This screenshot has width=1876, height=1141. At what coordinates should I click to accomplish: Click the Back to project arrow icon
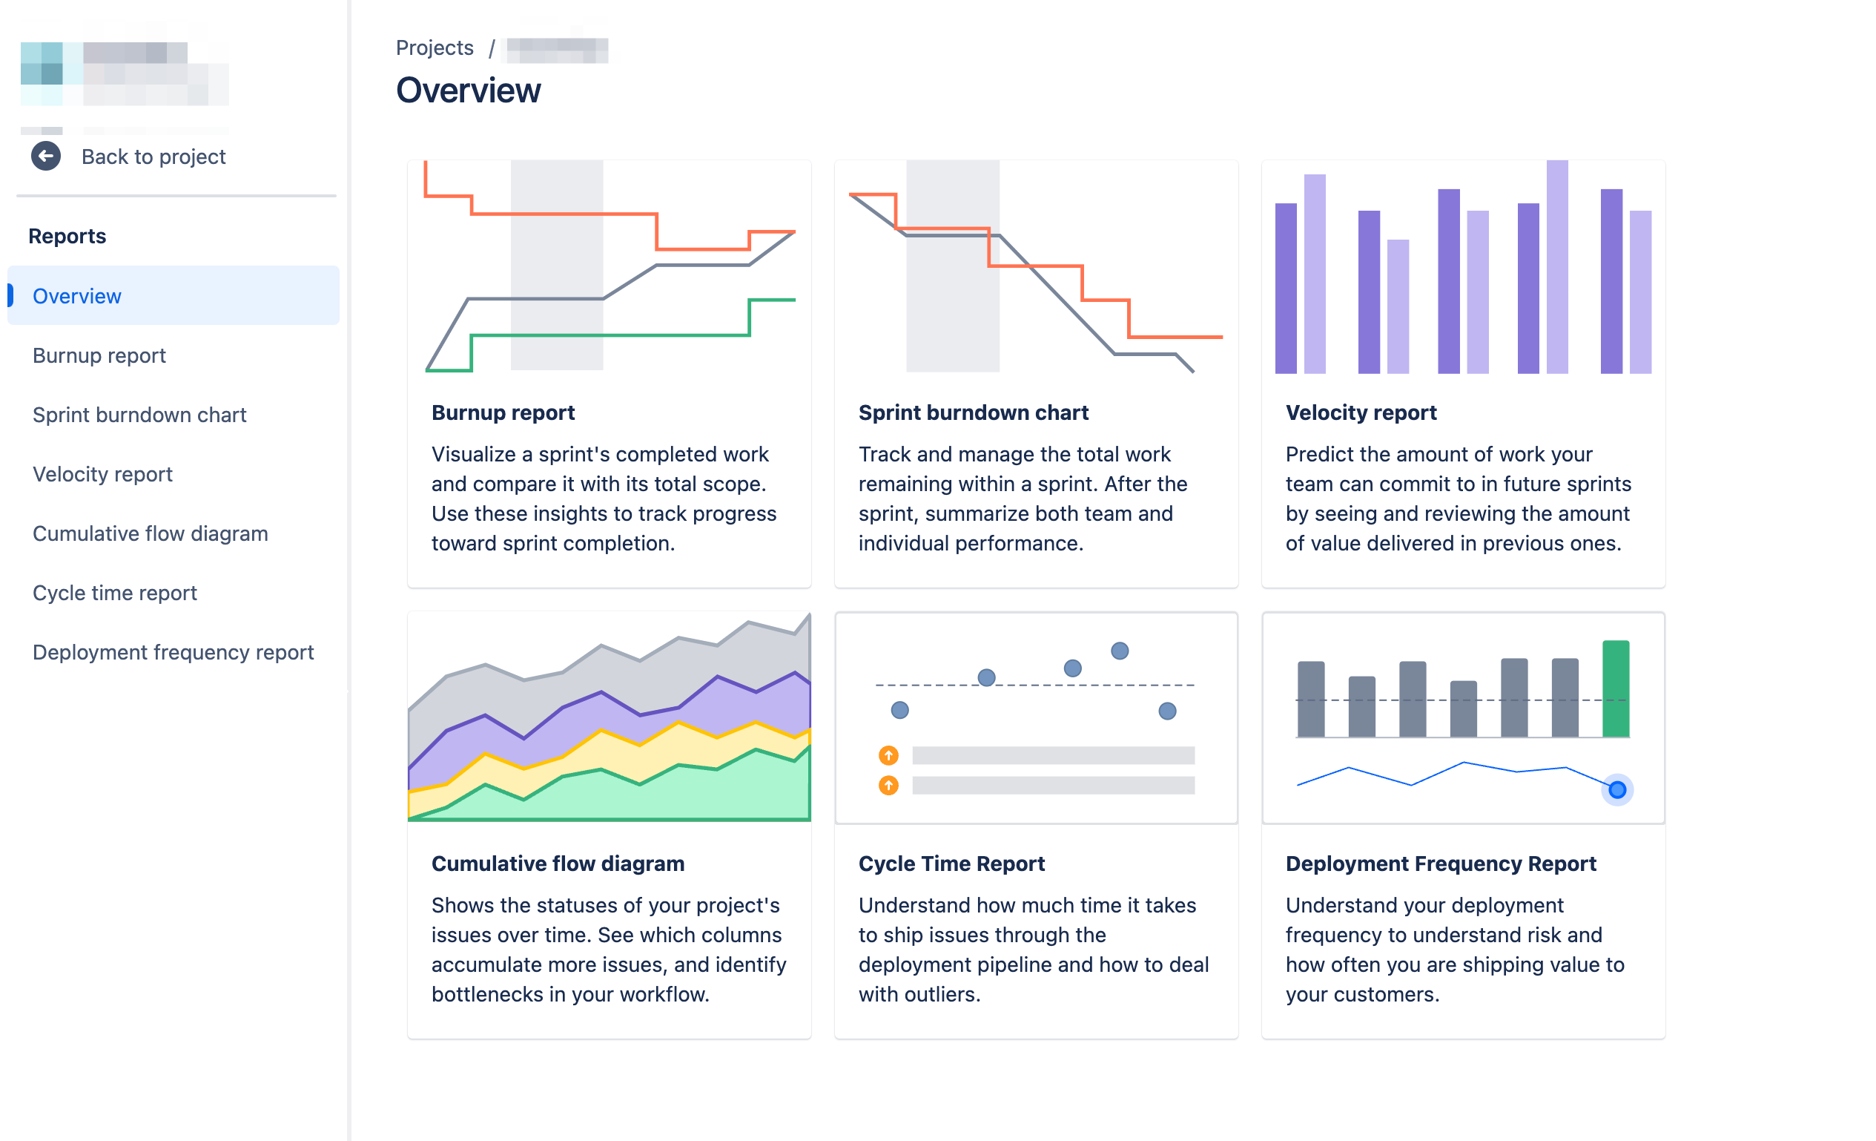(x=46, y=156)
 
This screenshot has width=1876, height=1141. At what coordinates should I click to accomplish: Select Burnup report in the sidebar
(x=99, y=355)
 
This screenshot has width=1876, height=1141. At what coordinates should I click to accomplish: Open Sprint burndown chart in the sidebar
(x=139, y=415)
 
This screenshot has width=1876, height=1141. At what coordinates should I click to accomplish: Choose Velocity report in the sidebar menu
(x=103, y=475)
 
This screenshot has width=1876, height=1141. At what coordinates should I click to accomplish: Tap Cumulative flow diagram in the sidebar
(x=150, y=534)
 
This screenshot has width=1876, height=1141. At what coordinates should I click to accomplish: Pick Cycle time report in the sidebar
(x=115, y=593)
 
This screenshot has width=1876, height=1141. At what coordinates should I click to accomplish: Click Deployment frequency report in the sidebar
(x=173, y=653)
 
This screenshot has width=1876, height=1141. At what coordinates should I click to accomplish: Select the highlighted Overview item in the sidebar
(x=77, y=296)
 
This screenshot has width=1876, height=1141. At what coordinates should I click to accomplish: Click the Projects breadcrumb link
(x=435, y=48)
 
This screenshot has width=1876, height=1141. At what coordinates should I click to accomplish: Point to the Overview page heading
(x=468, y=91)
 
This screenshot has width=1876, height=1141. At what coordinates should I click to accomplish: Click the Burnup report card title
(x=503, y=412)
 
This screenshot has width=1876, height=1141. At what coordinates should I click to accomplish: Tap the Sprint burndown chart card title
(x=973, y=412)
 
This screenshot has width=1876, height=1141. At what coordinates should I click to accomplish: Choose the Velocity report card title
(x=1361, y=412)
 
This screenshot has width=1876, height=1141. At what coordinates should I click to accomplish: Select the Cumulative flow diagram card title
(x=558, y=864)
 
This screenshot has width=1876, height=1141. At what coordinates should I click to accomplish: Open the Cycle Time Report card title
(x=951, y=864)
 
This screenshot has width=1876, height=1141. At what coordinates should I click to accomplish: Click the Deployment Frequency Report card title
(x=1441, y=864)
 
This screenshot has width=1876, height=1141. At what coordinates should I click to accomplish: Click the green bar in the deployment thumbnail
(x=1616, y=688)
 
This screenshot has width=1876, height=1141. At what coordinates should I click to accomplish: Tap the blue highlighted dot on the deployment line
(x=1617, y=790)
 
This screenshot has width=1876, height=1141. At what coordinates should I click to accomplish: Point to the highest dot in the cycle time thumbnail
(x=1119, y=651)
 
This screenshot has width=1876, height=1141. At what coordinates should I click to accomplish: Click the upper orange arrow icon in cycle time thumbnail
(x=888, y=755)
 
